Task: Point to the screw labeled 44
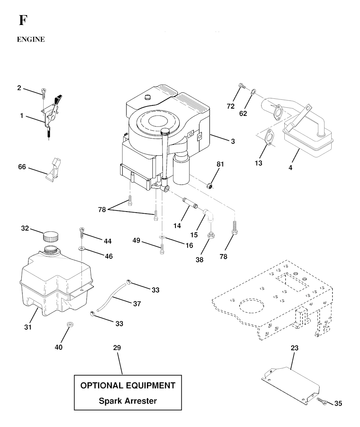82,232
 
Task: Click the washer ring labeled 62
253,92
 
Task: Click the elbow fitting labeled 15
209,214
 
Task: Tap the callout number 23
294,348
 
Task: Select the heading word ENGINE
31,40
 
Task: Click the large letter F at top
22,21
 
